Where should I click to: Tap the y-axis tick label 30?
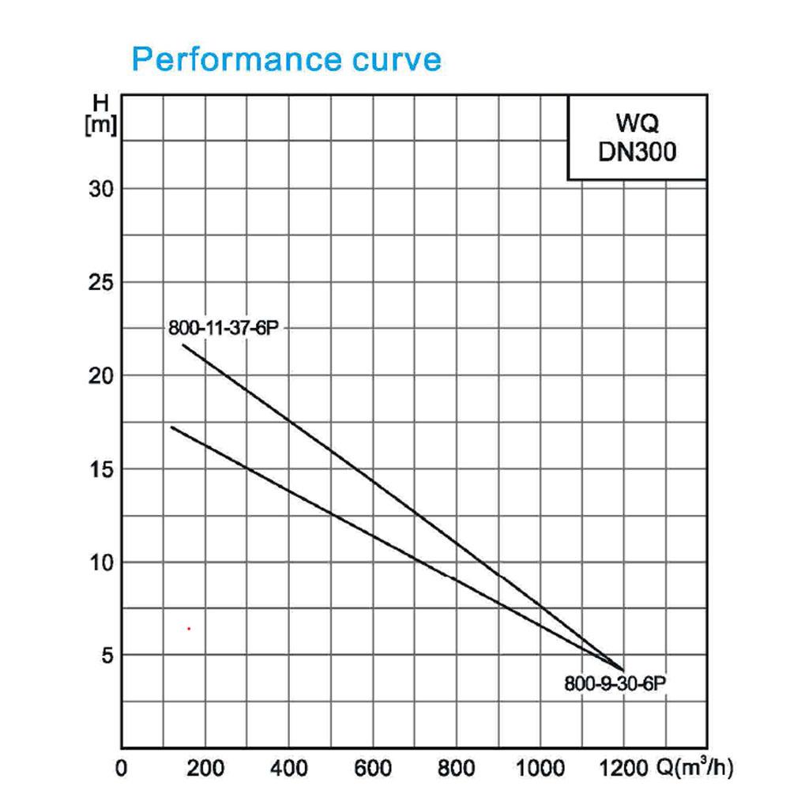click(101, 190)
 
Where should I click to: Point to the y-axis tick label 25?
click(101, 283)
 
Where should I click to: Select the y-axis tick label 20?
click(101, 376)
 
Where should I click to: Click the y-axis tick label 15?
click(101, 469)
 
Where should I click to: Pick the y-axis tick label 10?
click(101, 562)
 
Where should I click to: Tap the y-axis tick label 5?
click(107, 656)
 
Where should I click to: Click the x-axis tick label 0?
click(122, 769)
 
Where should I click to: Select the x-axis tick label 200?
click(205, 769)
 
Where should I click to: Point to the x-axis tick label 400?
click(288, 769)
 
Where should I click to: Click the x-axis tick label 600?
click(373, 769)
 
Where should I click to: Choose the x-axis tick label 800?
click(456, 769)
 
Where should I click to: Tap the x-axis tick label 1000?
click(540, 769)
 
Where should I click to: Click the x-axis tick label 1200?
click(624, 769)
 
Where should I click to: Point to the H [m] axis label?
click(101, 115)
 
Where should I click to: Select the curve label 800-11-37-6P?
click(224, 328)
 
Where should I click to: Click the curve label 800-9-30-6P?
click(615, 683)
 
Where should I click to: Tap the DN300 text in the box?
click(638, 152)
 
